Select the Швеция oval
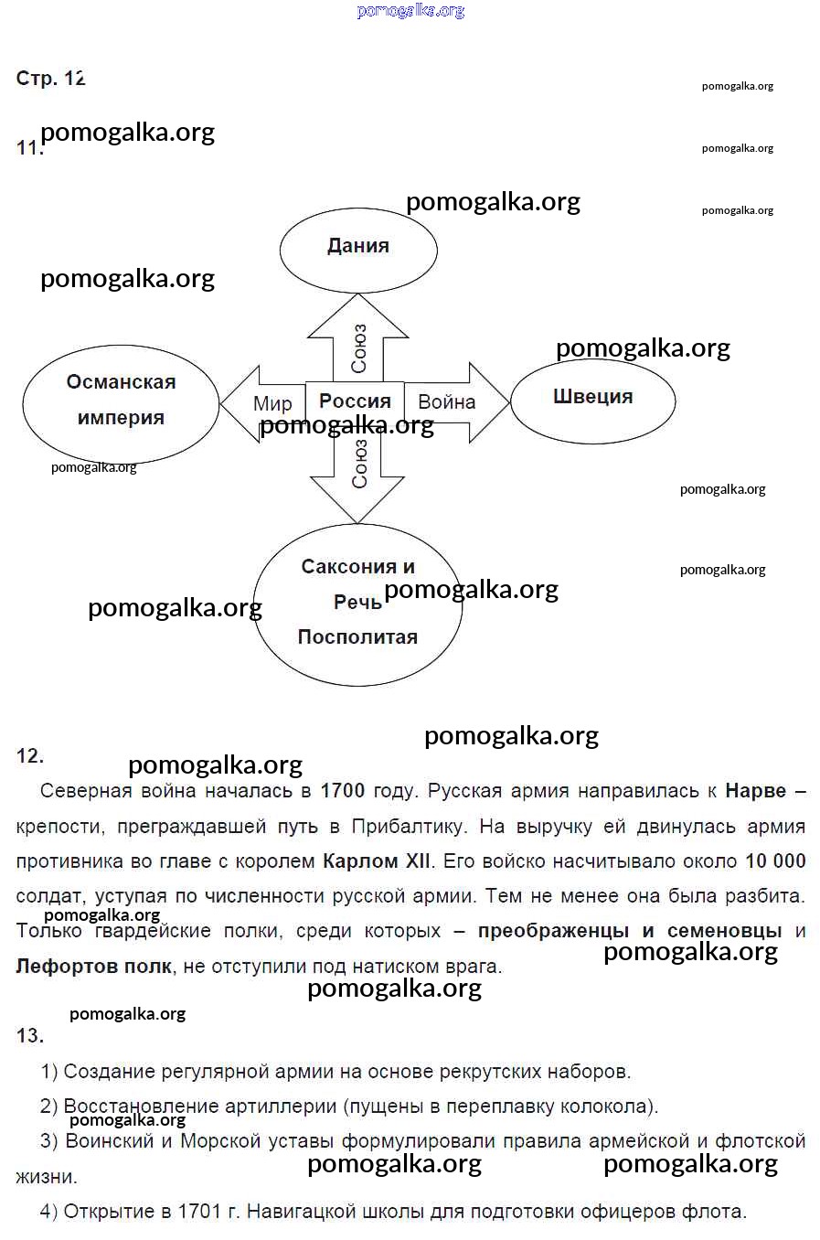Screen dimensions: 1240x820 (592, 399)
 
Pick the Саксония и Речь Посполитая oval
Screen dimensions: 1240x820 (357, 603)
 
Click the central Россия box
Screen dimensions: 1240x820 (355, 401)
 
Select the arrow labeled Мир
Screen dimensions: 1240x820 (266, 403)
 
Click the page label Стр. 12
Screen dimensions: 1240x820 (51, 79)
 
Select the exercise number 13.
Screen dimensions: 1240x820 (29, 1035)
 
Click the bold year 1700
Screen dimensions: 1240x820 (343, 791)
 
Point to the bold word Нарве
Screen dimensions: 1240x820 (755, 791)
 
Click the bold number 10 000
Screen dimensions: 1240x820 (775, 861)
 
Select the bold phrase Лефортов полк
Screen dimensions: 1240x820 (93, 967)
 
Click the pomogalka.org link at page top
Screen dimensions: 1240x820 (410, 11)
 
